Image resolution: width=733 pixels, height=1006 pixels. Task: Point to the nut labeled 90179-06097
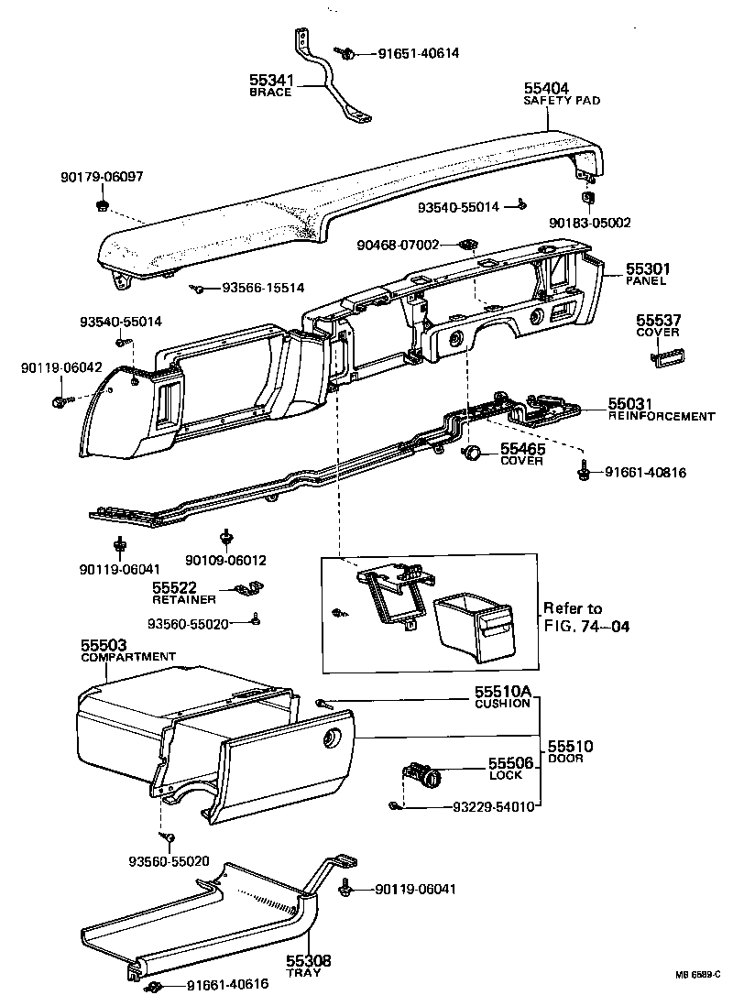[101, 203]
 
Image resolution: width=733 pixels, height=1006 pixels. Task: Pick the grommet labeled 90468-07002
[468, 245]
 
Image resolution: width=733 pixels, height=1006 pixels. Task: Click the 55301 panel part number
[649, 268]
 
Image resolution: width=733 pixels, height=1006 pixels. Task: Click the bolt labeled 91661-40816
[582, 472]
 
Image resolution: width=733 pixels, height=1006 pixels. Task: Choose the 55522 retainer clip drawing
[247, 588]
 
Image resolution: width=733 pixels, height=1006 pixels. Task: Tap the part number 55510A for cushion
[502, 692]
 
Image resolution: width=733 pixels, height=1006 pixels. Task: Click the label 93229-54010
[494, 807]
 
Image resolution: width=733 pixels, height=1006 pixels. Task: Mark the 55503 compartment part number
[106, 646]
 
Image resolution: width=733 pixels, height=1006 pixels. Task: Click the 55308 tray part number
[307, 961]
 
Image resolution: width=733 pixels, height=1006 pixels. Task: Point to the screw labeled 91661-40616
[153, 987]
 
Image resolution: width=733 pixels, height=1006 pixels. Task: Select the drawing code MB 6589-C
[698, 974]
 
